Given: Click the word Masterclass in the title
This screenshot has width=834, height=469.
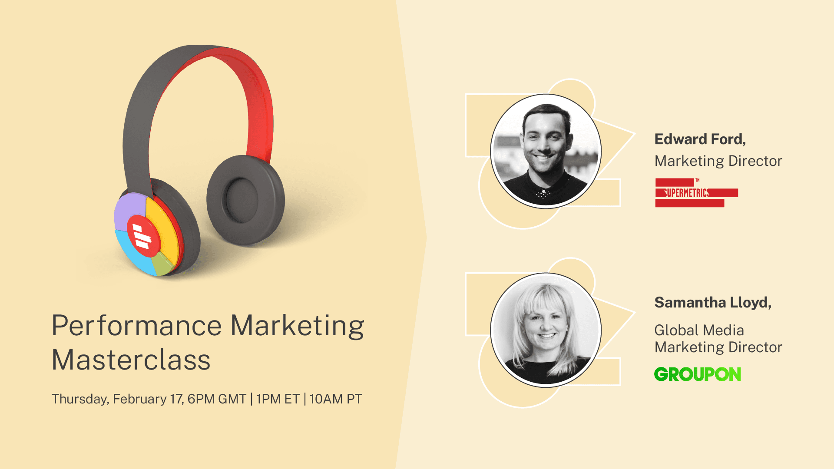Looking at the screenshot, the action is click(131, 360).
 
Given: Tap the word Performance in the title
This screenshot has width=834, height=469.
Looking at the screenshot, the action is click(137, 326).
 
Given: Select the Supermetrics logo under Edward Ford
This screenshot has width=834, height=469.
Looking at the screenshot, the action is click(696, 193).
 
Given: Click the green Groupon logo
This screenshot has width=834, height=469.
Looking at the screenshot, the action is click(698, 374).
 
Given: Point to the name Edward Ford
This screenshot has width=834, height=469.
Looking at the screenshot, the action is click(700, 139).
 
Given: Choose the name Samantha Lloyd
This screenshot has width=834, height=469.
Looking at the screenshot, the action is click(713, 303).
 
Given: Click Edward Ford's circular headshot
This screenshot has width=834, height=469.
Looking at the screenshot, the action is click(546, 151).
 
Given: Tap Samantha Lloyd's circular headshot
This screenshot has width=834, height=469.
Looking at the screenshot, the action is click(546, 330).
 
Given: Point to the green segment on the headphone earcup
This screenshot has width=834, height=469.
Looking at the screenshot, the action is click(163, 264).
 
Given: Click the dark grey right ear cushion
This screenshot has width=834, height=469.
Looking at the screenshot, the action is click(246, 200).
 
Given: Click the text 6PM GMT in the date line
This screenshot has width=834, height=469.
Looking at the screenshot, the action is click(217, 399).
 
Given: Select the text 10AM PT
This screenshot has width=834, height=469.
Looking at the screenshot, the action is click(335, 399).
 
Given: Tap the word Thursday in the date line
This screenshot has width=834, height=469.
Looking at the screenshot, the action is click(79, 400).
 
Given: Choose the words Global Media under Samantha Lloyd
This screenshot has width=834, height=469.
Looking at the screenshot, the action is click(699, 330).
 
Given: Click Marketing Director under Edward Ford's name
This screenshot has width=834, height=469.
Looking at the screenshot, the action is click(718, 161).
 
